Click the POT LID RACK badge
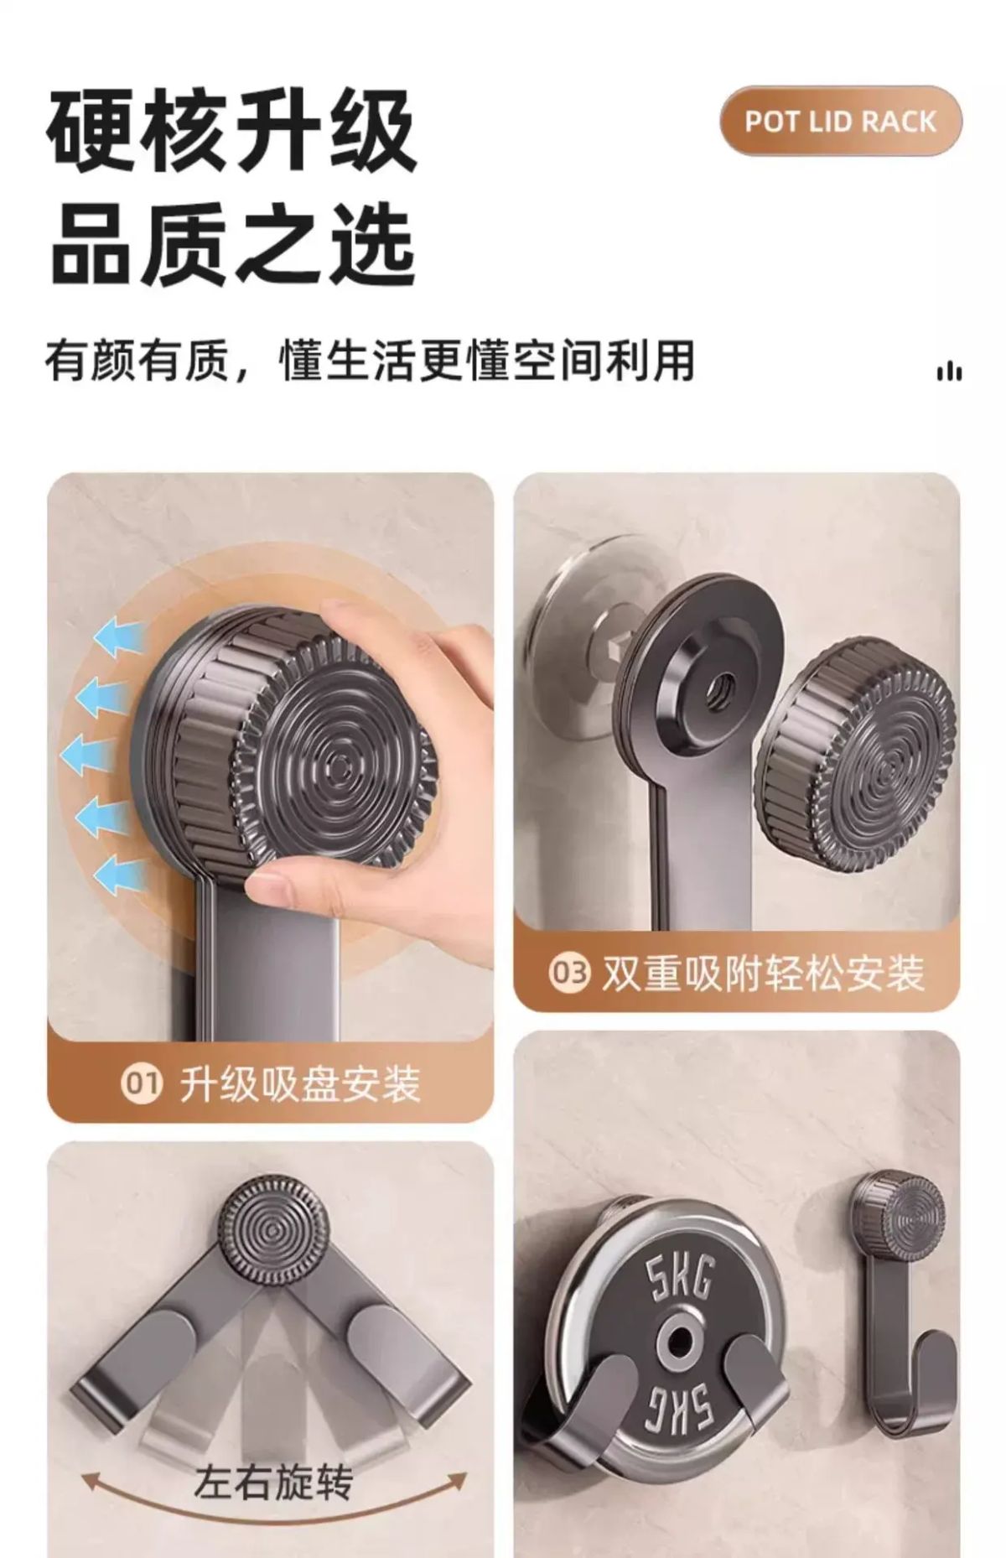841,121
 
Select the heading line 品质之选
232,245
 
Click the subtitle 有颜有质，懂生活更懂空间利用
370,360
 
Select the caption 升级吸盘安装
300,1083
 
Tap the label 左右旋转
273,1483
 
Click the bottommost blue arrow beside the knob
117,875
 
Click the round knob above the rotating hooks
272,1231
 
